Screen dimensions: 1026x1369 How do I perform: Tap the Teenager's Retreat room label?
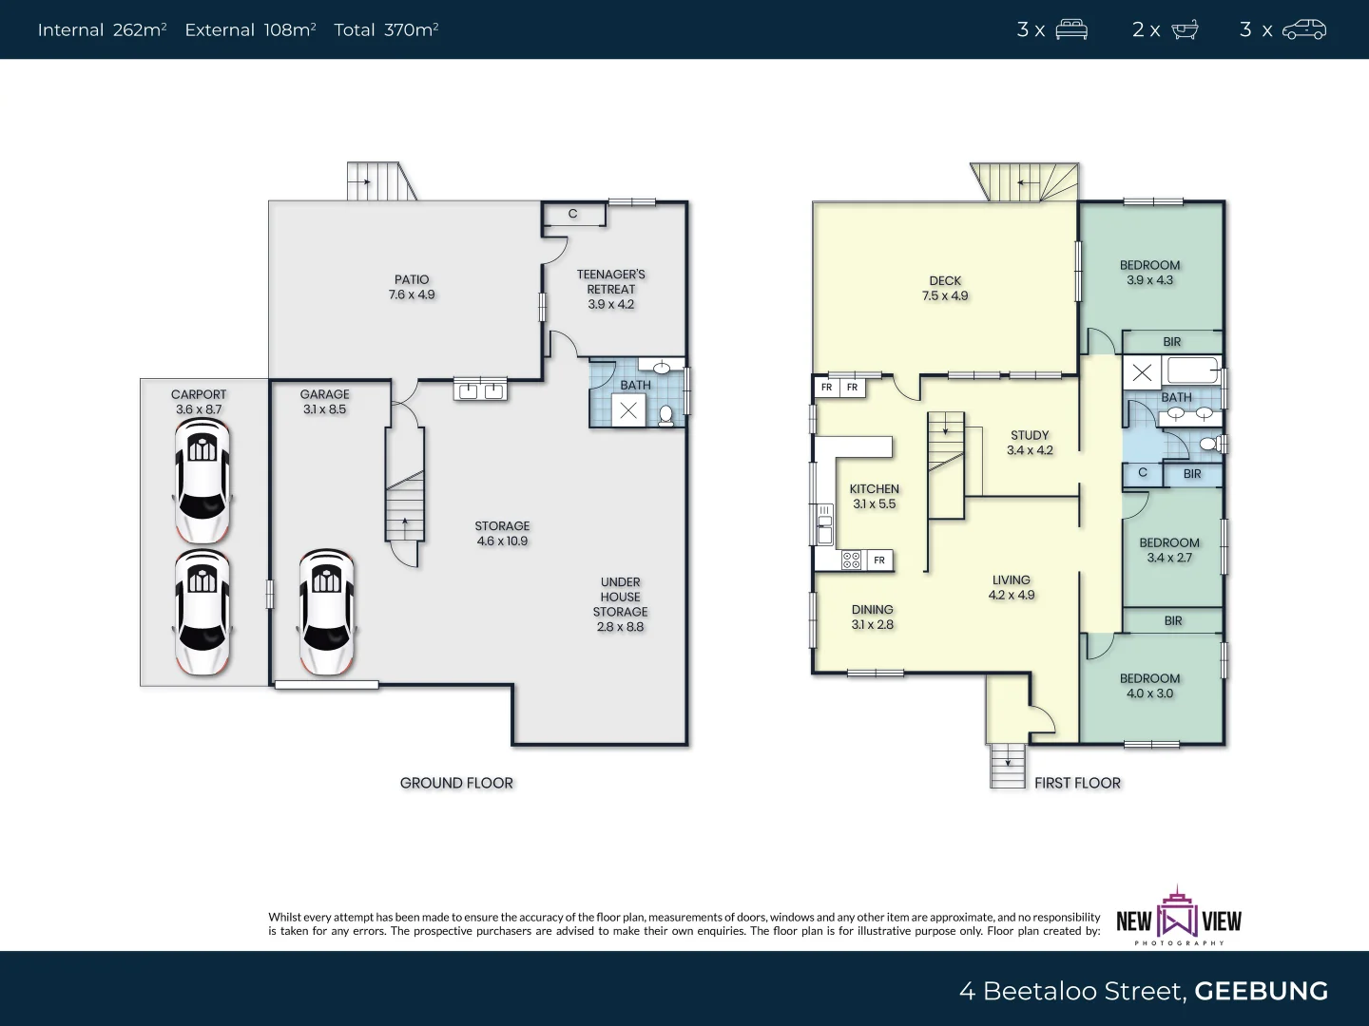[x=610, y=282]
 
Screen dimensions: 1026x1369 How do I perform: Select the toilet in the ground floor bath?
[x=666, y=415]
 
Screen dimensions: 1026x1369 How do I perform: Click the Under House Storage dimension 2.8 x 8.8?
[x=620, y=627]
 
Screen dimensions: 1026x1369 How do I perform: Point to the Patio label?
[x=412, y=279]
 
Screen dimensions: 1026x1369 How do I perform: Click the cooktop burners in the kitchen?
[x=851, y=560]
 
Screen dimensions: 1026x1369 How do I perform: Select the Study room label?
[x=1030, y=435]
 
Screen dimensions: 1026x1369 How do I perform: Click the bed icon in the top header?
[x=1071, y=30]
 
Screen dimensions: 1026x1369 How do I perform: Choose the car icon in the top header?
[x=1303, y=30]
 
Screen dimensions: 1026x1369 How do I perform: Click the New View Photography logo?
[x=1179, y=917]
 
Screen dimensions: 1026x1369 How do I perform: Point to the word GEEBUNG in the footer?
[x=1261, y=991]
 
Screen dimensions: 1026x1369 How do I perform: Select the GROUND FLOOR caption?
[x=456, y=783]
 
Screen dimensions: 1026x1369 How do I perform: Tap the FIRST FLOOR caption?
[x=1077, y=783]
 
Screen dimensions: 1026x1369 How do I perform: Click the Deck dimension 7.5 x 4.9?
[x=945, y=295]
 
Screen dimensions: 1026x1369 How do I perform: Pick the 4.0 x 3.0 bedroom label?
[x=1149, y=693]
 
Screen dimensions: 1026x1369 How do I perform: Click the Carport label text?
[x=199, y=394]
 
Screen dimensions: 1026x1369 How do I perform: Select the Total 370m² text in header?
[x=386, y=30]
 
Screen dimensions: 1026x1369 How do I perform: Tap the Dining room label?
[x=872, y=610]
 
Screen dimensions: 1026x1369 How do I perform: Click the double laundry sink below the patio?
[x=480, y=389]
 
